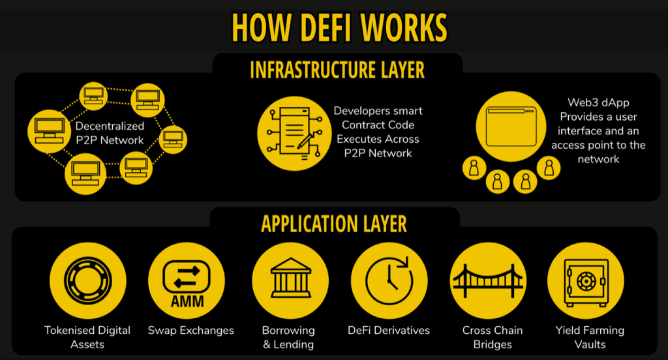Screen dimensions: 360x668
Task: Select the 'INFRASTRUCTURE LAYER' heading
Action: pyautogui.click(x=337, y=70)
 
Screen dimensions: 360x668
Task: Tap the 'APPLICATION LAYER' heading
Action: pyautogui.click(x=334, y=223)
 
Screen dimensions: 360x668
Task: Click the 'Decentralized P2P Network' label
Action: pyautogui.click(x=110, y=133)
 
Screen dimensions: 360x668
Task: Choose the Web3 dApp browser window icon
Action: pyautogui.click(x=506, y=122)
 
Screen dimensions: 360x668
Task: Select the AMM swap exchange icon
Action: pyautogui.click(x=187, y=280)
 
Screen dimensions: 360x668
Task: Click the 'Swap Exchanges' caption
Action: pyautogui.click(x=190, y=331)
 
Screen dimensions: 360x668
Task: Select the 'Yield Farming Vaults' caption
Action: pyautogui.click(x=590, y=337)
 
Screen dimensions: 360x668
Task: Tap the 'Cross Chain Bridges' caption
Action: pyautogui.click(x=493, y=337)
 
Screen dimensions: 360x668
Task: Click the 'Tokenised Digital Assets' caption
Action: pyautogui.click(x=87, y=337)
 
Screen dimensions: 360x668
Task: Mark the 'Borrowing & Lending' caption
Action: pyautogui.click(x=288, y=337)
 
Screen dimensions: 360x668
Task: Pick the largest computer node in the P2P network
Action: pyautogui.click(x=48, y=130)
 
